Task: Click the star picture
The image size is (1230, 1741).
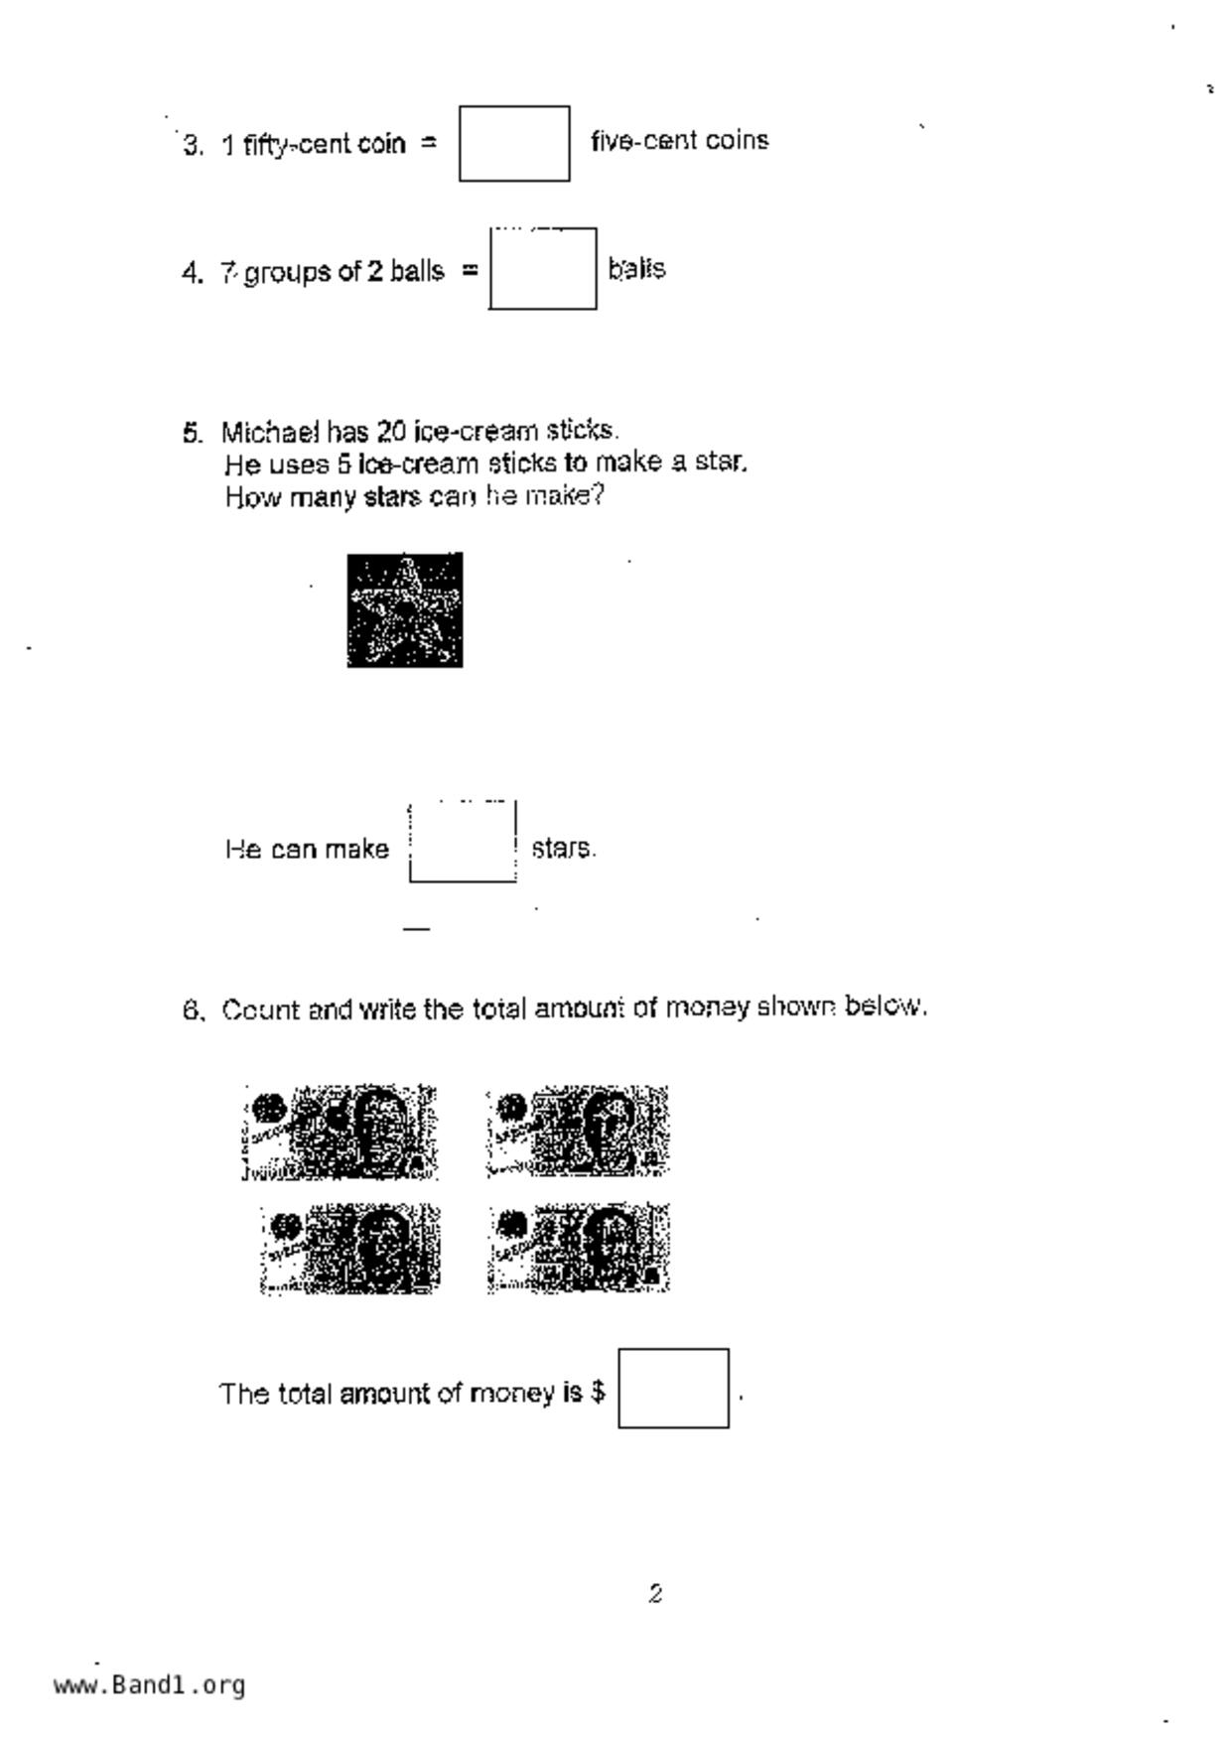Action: [x=405, y=609]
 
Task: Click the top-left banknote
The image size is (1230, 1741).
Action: [x=340, y=1132]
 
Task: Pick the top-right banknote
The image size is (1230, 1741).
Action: [x=578, y=1131]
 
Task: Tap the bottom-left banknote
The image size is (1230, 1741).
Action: [x=350, y=1249]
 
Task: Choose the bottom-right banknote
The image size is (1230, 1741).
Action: [x=579, y=1248]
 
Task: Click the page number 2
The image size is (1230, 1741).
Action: [x=655, y=1593]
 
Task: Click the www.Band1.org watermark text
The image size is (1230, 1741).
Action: [x=150, y=1684]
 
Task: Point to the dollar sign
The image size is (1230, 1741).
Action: [x=598, y=1392]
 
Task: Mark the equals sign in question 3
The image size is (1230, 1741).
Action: [x=429, y=143]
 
